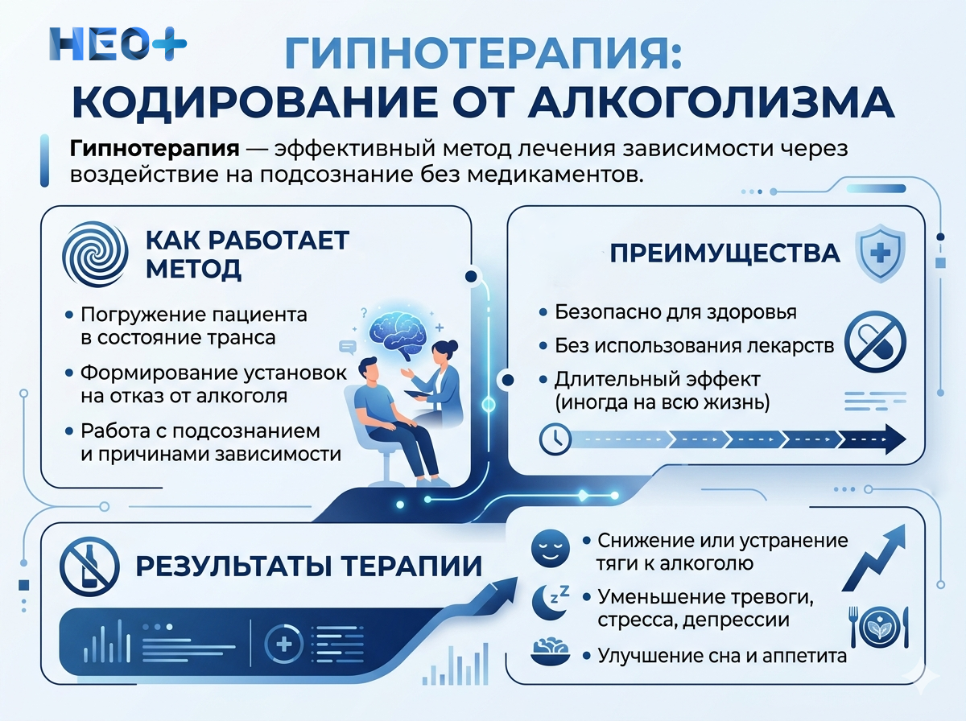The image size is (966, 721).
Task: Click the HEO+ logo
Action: click(118, 44)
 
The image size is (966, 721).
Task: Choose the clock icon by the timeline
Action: click(555, 439)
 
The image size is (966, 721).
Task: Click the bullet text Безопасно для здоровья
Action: click(676, 312)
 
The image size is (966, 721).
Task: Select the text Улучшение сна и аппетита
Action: click(722, 656)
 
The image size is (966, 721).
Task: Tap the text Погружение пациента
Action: click(194, 314)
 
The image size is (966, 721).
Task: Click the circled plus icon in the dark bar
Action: click(283, 644)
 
